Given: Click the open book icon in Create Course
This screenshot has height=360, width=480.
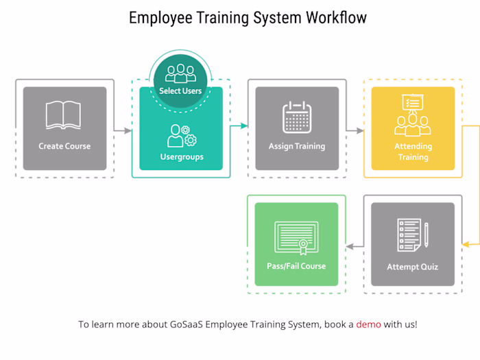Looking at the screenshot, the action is [63, 115].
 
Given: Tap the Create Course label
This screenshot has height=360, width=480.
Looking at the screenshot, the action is [64, 146].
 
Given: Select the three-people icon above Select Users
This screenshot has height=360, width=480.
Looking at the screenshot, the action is [180, 73].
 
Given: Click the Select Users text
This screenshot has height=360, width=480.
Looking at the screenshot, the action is [180, 91].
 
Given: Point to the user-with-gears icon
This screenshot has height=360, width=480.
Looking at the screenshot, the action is [182, 136].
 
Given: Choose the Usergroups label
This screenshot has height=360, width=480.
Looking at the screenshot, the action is [182, 157].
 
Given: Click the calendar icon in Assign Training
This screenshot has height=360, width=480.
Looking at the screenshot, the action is [297, 117].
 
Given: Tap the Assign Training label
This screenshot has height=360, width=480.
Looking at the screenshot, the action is [297, 146].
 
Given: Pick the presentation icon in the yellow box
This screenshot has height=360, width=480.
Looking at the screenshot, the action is [413, 115].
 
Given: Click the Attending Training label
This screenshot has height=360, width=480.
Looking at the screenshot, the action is [413, 152].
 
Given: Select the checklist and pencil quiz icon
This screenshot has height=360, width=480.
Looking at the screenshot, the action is [413, 235].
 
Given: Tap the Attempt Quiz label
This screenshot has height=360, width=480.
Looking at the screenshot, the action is [413, 267].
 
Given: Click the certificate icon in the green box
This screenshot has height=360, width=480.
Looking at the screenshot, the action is [296, 238].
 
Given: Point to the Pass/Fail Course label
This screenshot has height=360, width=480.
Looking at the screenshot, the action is [296, 266].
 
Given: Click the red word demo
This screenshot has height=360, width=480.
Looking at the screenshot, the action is [369, 324].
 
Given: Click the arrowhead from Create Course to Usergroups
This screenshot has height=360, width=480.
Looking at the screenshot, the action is [128, 131].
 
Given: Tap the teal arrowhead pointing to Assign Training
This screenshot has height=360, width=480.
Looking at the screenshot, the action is [244, 125].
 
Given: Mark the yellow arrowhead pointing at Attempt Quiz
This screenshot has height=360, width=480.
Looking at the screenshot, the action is [466, 244].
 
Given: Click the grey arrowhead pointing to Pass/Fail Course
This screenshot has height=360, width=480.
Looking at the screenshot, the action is [350, 246].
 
